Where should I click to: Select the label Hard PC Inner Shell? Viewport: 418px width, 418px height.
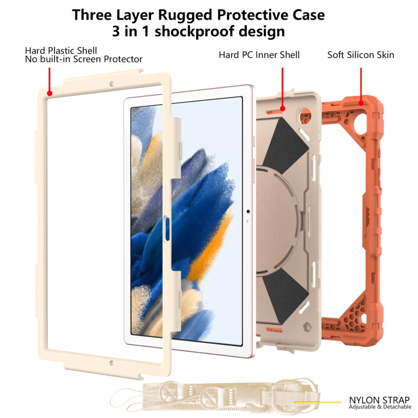[x=259, y=55]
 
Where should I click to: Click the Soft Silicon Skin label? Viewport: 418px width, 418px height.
[x=361, y=55]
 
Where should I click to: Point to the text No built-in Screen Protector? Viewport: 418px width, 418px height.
[x=84, y=59]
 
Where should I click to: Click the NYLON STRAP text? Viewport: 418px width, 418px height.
[x=379, y=400]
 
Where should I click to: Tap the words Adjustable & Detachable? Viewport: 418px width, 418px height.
[x=380, y=407]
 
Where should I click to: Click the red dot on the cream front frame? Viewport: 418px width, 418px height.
[x=49, y=93]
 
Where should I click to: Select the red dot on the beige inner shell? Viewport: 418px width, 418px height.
[x=283, y=109]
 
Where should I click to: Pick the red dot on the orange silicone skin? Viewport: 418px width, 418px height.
[x=361, y=103]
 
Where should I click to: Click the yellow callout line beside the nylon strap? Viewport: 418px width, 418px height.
[x=318, y=402]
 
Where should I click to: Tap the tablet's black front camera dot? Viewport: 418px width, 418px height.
[x=248, y=211]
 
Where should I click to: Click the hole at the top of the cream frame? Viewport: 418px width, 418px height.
[x=111, y=84]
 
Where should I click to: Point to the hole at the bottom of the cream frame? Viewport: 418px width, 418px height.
[x=111, y=363]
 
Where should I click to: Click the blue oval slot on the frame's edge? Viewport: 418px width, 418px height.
[x=167, y=229]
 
